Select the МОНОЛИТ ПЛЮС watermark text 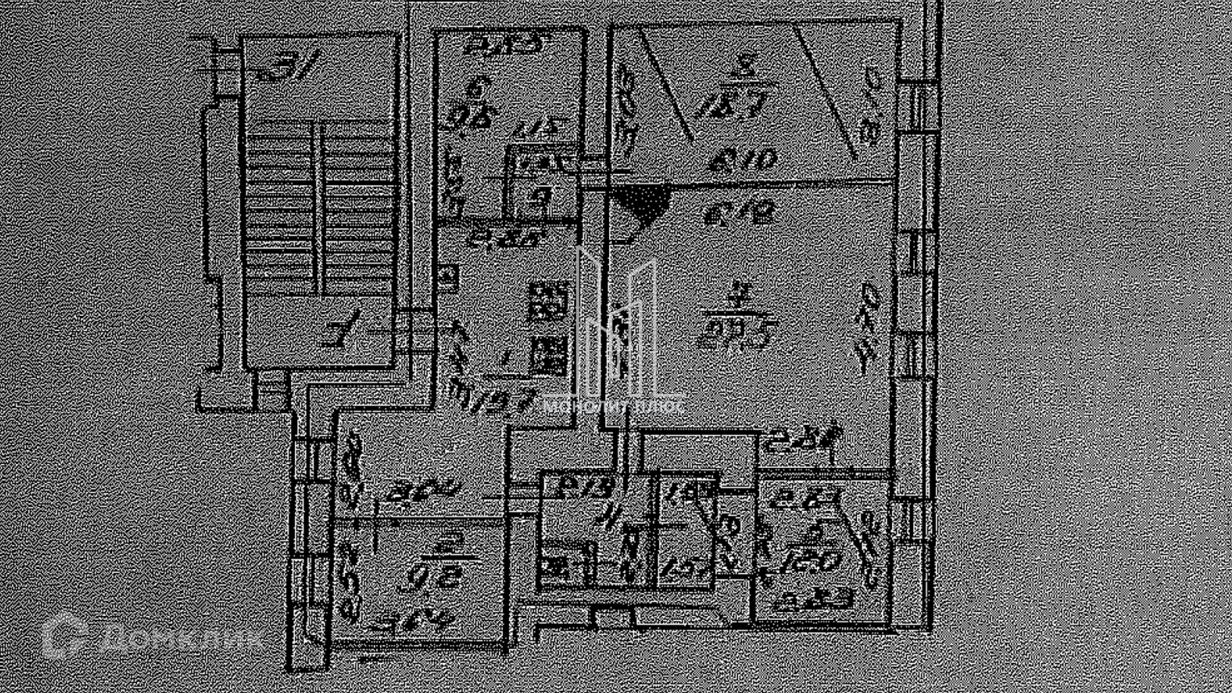pyautogui.click(x=613, y=406)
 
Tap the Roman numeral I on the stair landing pyautogui.click(x=343, y=329)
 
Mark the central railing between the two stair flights pyautogui.click(x=319, y=209)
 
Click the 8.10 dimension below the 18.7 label pyautogui.click(x=742, y=160)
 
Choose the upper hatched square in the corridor pyautogui.click(x=549, y=300)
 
